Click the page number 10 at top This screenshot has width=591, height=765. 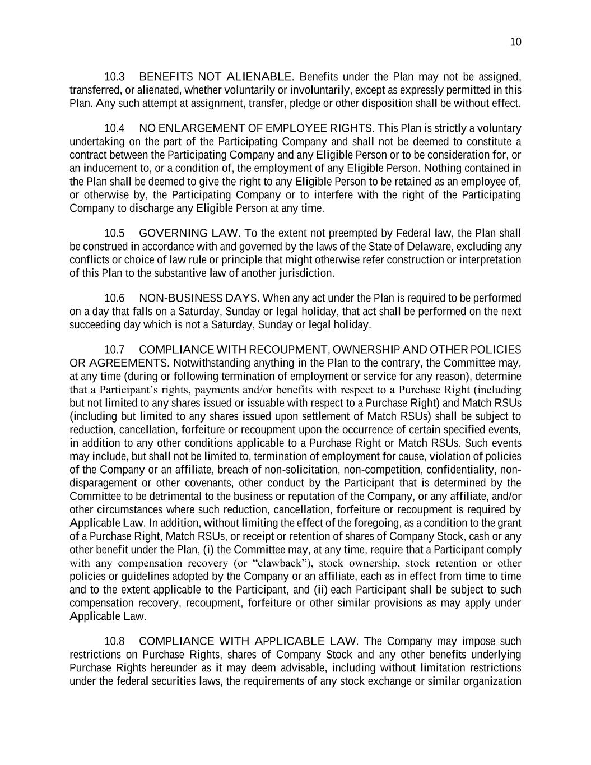pos(515,43)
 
